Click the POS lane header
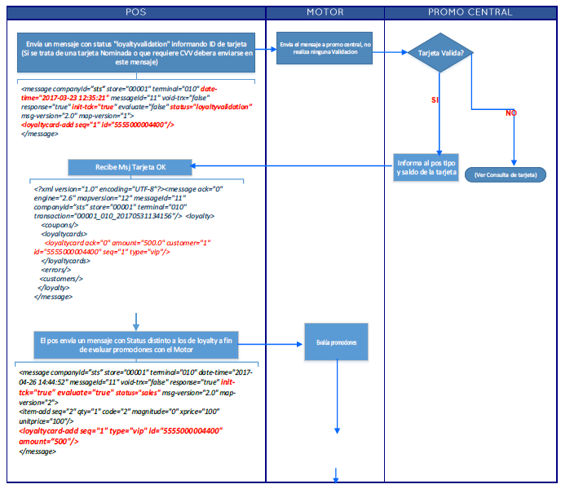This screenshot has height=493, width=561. point(135,12)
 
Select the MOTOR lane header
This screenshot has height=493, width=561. point(325,12)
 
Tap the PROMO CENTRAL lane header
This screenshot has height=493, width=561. point(470,12)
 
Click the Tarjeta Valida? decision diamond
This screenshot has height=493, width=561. point(440,53)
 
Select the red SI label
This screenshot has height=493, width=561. point(435,99)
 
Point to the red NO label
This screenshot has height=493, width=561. point(511,113)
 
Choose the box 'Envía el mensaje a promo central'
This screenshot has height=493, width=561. point(325,48)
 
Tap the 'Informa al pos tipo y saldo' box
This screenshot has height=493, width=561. point(426,167)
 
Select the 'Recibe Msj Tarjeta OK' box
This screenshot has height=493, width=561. point(131,167)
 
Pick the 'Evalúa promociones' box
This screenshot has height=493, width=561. point(337,342)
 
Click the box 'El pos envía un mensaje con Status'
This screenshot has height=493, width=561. point(136,344)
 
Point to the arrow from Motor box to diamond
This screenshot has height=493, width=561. point(391,52)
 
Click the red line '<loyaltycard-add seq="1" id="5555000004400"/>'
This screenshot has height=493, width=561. point(97,125)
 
